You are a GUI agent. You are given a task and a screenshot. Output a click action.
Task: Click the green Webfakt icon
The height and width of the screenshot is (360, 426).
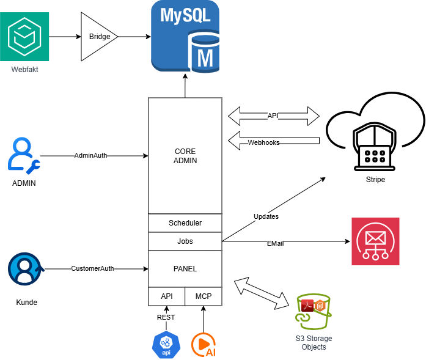24,37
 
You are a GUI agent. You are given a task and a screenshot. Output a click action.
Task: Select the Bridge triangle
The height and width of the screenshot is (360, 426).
98,37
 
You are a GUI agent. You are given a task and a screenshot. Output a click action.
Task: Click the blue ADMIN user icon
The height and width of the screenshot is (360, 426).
24,156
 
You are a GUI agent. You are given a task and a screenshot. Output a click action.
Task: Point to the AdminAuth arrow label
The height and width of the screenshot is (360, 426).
90,155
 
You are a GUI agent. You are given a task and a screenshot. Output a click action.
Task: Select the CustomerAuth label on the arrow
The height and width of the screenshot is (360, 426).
92,268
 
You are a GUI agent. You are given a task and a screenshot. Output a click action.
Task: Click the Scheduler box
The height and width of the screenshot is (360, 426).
185,223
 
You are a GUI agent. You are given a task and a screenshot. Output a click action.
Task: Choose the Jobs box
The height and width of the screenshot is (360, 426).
185,241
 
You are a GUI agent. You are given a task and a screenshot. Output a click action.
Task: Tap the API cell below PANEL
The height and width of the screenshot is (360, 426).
167,296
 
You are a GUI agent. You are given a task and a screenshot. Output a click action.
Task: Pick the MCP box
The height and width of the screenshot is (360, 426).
204,296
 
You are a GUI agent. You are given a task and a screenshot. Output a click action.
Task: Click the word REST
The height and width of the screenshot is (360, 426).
166,317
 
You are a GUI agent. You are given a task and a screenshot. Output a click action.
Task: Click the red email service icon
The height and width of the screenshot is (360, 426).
375,241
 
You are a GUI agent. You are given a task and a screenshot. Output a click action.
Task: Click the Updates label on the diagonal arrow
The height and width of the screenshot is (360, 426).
266,217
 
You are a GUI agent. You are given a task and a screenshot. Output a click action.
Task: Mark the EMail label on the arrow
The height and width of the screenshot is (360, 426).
275,243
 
